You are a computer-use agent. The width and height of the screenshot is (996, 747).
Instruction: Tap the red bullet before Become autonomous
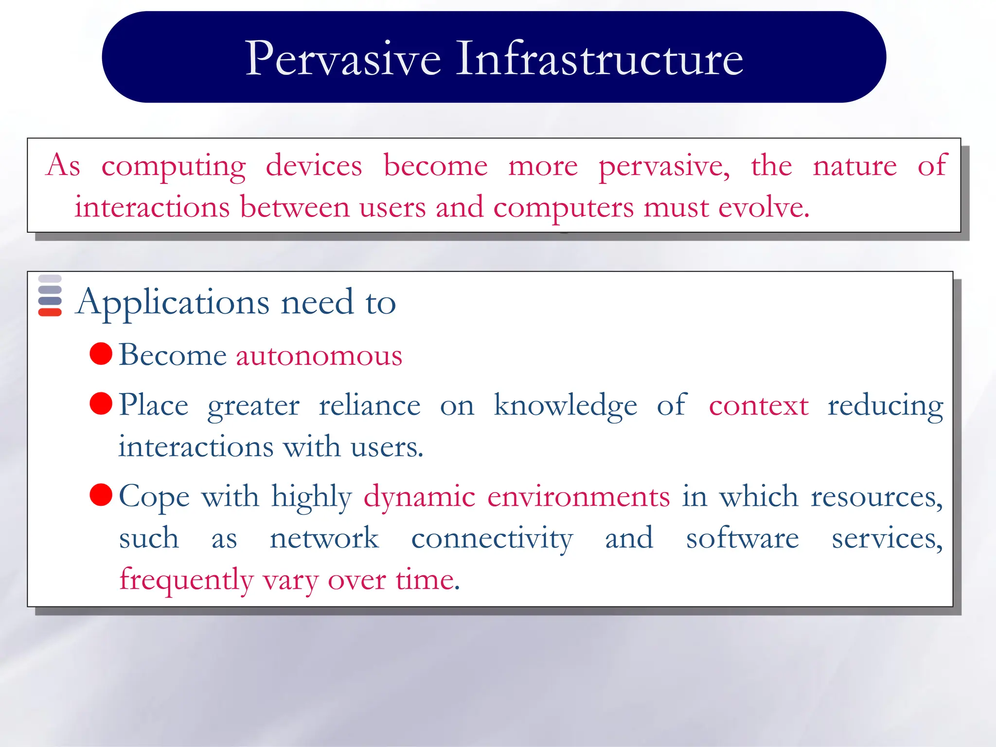click(x=101, y=354)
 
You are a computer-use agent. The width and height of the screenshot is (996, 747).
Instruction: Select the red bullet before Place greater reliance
click(x=101, y=404)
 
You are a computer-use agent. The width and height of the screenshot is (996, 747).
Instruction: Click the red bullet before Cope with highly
click(x=101, y=495)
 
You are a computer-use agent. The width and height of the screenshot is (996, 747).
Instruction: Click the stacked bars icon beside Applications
click(x=50, y=296)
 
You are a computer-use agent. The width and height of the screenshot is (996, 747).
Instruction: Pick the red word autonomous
click(x=319, y=356)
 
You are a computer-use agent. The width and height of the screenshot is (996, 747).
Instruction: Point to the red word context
click(x=758, y=406)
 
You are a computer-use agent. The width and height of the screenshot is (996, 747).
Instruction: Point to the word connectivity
click(x=492, y=539)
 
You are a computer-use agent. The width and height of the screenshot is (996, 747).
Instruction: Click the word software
click(x=742, y=538)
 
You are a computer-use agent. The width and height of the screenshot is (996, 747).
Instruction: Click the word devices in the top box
click(x=314, y=166)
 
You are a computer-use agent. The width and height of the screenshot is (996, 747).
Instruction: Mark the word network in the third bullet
click(x=324, y=538)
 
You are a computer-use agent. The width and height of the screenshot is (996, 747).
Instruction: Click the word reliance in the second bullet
click(x=369, y=406)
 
